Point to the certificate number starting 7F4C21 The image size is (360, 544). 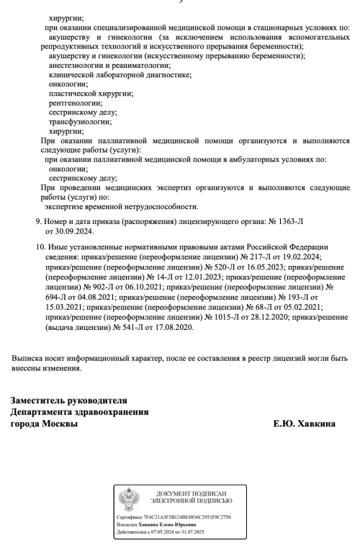(x=190, y=517)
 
